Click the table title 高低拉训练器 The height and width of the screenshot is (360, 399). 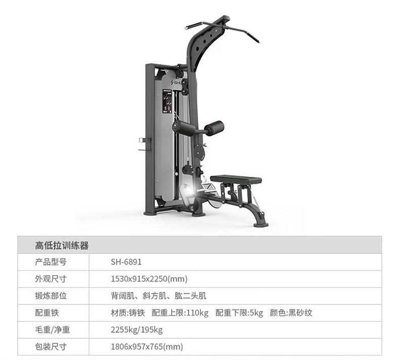point(62,246)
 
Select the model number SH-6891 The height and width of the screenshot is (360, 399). point(126,262)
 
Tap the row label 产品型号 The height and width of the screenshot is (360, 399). point(51,262)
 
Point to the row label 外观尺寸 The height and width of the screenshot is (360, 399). point(51,279)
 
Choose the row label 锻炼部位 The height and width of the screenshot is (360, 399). point(51,296)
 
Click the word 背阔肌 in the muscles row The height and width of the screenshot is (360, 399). point(121,296)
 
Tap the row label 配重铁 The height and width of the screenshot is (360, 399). point(47,313)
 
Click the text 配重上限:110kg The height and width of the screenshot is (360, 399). point(180,313)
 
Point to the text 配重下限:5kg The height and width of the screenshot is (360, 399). point(239,313)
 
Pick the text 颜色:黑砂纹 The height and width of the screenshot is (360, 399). point(291,313)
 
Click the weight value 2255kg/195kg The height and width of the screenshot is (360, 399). point(136,330)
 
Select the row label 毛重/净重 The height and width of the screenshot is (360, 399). point(52,330)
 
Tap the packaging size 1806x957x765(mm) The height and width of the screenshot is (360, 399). point(146,346)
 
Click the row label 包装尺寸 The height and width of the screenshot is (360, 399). point(51,346)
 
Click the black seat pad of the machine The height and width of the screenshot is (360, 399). point(236,179)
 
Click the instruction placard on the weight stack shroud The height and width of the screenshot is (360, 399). point(167,102)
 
